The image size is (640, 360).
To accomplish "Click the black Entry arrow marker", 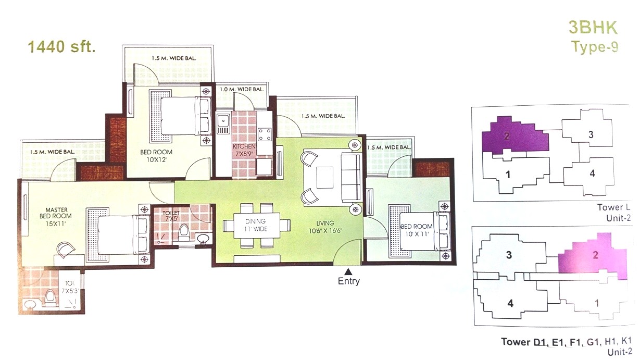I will coord(348,271).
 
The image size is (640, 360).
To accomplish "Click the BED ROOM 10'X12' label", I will coord(156,156).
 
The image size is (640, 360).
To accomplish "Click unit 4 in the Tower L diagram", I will coord(592,173).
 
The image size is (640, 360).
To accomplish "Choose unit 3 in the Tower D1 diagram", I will coord(509,255).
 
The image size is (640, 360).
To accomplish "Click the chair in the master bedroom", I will coord(65,249).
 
